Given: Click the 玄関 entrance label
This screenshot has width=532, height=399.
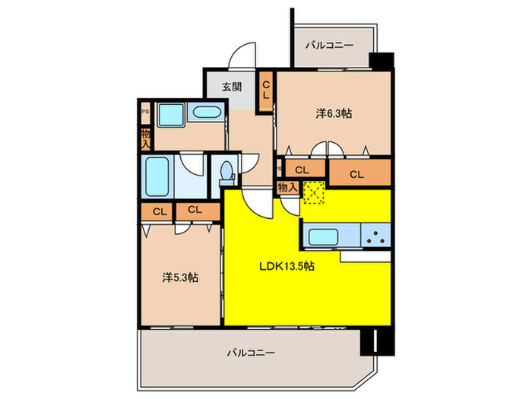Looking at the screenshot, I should click(x=232, y=87).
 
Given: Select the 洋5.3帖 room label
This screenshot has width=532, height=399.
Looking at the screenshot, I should click(x=181, y=278).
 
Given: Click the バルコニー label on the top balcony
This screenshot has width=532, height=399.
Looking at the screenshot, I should click(x=329, y=46).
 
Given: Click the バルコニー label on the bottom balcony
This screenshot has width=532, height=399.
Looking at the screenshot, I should click(x=250, y=353).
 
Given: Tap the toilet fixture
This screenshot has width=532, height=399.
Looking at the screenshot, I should click(x=224, y=173).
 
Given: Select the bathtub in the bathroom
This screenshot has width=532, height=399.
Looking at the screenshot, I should click(x=159, y=176).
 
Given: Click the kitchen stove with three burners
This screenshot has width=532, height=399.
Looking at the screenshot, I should click(x=375, y=236).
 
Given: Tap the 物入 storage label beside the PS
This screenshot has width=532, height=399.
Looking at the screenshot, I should click(x=144, y=138).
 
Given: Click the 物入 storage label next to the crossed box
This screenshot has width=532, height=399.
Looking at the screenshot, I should click(x=287, y=187).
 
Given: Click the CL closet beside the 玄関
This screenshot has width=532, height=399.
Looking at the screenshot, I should click(x=265, y=90).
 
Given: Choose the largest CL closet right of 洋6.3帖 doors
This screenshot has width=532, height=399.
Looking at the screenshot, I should click(x=356, y=174).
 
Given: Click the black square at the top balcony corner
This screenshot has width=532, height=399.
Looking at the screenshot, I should click(x=381, y=61).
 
